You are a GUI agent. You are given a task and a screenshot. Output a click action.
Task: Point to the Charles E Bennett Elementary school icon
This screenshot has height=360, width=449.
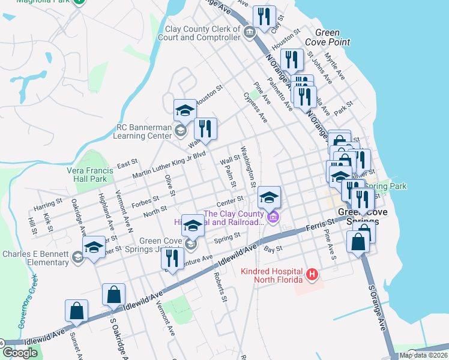77,257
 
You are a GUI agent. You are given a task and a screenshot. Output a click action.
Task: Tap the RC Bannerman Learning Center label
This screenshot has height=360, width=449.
139,131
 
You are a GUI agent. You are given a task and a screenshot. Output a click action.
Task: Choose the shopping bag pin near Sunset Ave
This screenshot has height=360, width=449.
77,311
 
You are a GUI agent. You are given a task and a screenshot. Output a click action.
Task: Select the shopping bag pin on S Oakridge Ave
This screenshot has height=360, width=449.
113,295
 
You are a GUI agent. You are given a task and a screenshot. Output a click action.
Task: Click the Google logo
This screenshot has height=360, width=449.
20,353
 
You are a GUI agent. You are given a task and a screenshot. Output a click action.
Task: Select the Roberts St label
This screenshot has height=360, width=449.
220,288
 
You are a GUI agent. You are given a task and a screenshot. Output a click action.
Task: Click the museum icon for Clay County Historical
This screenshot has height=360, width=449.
273,217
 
